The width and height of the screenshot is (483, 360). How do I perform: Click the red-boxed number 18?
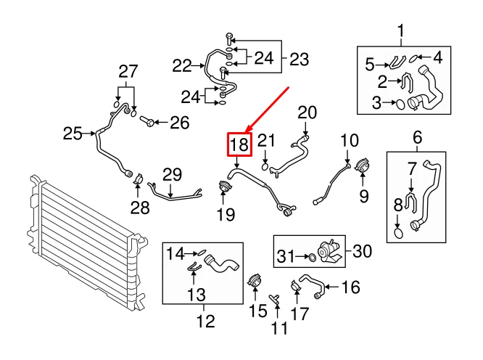pos(239,145)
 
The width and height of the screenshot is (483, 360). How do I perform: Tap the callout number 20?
pos(307,112)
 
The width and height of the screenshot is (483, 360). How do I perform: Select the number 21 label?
pos(267,142)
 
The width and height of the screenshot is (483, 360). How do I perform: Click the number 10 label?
pos(350,140)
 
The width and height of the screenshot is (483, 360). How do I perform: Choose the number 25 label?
pos(73,133)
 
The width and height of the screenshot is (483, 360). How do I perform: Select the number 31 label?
pos(286,255)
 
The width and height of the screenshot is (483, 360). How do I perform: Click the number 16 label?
pos(350,288)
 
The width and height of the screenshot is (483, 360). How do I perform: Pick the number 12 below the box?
pos(205,320)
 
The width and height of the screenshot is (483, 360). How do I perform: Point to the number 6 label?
pos(418,137)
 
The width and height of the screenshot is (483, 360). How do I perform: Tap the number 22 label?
pos(182,66)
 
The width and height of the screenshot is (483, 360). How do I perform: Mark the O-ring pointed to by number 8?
pos(398,234)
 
